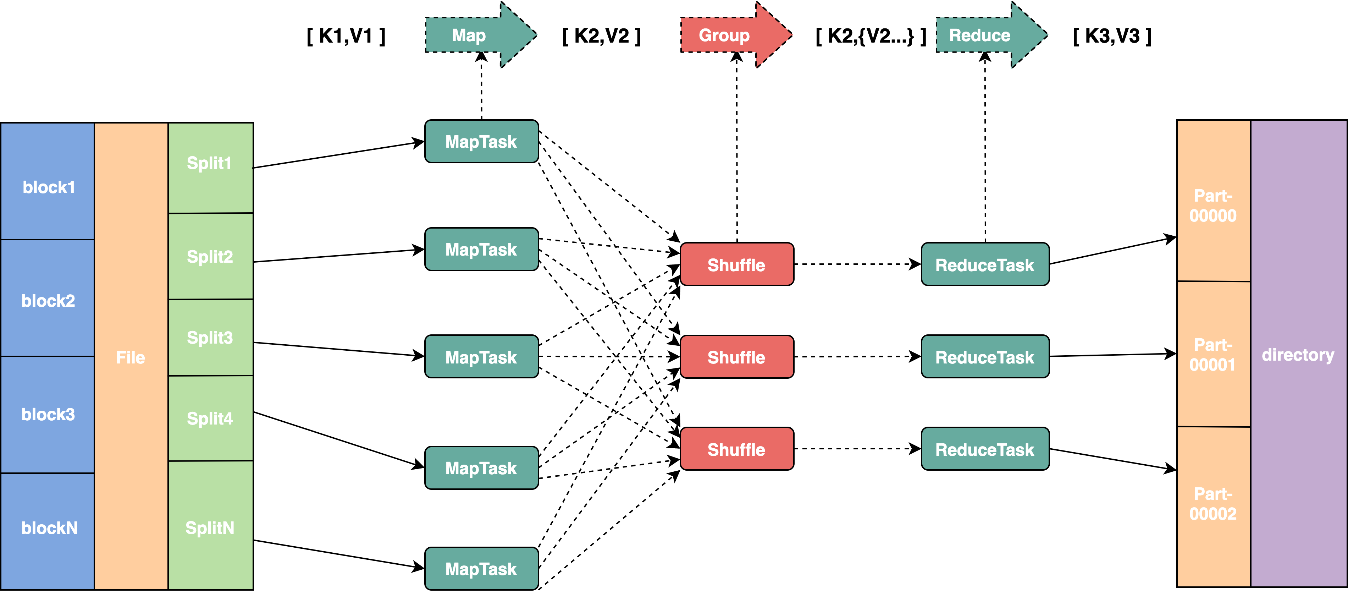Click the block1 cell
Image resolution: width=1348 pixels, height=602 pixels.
pyautogui.click(x=48, y=187)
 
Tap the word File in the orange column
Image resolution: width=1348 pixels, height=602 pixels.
pyautogui.click(x=130, y=357)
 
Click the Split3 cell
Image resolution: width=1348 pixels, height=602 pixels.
pyautogui.click(x=210, y=338)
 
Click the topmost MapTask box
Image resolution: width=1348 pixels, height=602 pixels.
pyautogui.click(x=481, y=141)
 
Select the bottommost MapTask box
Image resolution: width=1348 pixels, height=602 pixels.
pyautogui.click(x=481, y=569)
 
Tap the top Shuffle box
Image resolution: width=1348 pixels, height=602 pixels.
pyautogui.click(x=736, y=265)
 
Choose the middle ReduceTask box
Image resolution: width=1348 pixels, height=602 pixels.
pyautogui.click(x=984, y=357)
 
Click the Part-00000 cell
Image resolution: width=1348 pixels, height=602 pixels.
pyautogui.click(x=1212, y=205)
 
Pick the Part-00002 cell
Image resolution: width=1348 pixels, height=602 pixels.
pyautogui.click(x=1212, y=504)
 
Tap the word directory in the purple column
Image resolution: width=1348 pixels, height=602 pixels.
pyautogui.click(x=1298, y=355)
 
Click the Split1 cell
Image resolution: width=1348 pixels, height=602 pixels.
pyautogui.click(x=209, y=163)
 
